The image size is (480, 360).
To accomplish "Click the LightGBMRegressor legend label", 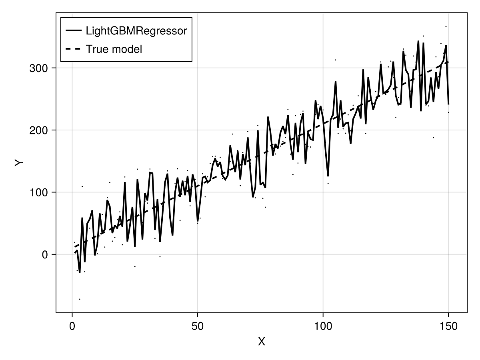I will point(136,31).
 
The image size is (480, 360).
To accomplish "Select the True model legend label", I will point(114,49).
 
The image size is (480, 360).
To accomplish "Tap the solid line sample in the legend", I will point(73,31).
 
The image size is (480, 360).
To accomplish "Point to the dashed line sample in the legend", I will point(73,49).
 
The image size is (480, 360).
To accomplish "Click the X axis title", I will point(262,342).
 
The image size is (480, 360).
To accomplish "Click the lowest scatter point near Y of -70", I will point(80,299).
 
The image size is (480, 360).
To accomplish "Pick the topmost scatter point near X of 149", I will point(446,26).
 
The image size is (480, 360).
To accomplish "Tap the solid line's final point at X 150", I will point(448,104).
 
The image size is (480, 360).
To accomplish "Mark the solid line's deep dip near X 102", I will point(328,176).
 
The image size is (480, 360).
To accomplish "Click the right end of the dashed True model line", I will point(448,62).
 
